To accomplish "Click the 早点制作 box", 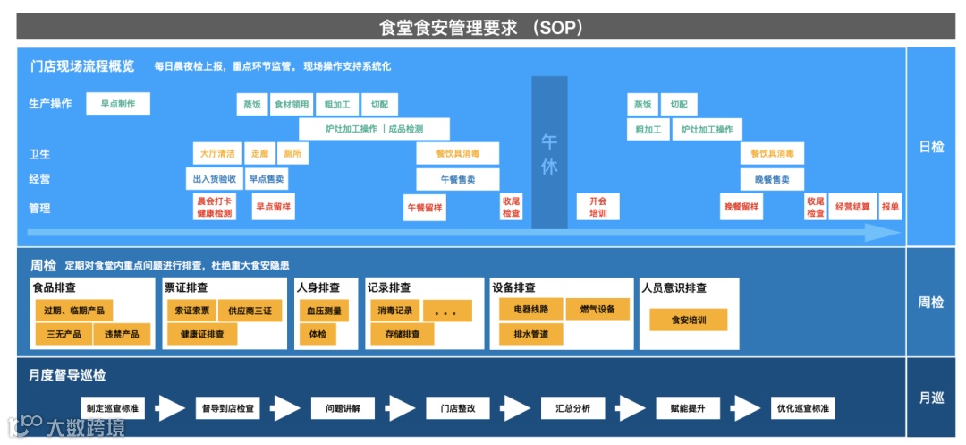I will [118, 104].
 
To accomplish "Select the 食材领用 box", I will [292, 104].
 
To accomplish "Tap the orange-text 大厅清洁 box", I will [216, 154].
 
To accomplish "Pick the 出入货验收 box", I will [214, 179].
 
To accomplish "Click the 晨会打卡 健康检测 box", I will [214, 208].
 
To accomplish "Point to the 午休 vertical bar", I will [549, 152].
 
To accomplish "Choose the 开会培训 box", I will [597, 208].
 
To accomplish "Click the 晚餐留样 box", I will [741, 207].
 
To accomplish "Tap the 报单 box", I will [890, 207].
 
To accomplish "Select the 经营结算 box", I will [852, 207].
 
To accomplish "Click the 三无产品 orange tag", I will [63, 335].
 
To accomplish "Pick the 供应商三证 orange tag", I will [250, 311].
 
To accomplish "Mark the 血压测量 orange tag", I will [324, 311].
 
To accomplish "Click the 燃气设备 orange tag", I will [597, 310].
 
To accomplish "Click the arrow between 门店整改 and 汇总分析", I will [517, 408].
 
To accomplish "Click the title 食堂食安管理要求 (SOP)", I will [482, 27].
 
